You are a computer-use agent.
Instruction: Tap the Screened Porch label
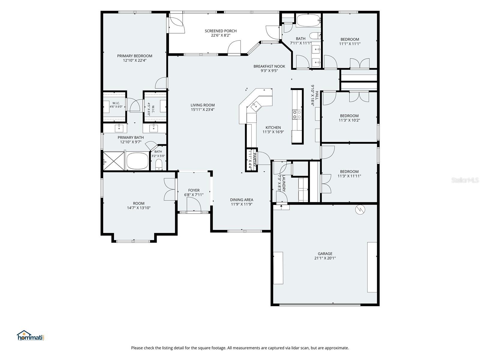click(220, 31)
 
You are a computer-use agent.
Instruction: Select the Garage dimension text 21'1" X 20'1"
click(325, 258)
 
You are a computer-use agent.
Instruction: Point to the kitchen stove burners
click(297, 115)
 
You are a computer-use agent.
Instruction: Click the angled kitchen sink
click(255, 106)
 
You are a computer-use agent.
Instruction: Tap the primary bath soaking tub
click(137, 161)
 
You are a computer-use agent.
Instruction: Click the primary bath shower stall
click(113, 161)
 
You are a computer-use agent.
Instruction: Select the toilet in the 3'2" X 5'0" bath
click(159, 165)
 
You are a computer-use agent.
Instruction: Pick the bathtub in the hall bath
click(308, 20)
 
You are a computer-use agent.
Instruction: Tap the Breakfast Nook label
click(269, 66)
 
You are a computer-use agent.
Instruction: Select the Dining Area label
click(241, 200)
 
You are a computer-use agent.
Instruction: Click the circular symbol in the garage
click(360, 210)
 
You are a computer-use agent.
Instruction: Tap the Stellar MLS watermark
click(465, 180)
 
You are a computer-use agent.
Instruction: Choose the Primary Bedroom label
click(135, 56)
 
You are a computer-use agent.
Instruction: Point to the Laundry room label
click(284, 183)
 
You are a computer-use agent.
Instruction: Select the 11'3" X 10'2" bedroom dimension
click(349, 120)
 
